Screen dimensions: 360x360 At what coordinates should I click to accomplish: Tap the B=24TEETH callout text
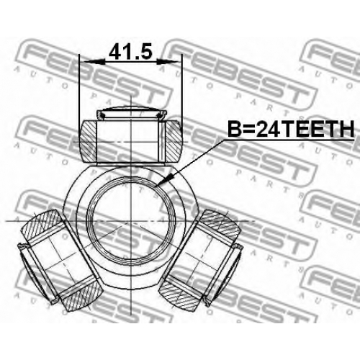point(291,129)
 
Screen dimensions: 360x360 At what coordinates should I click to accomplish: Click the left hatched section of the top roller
point(88,141)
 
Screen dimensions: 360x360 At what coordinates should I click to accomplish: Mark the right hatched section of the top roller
point(174,141)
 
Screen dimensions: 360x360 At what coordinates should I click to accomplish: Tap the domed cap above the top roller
point(131,112)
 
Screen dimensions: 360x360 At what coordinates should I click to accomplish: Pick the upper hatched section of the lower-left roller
point(41,225)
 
